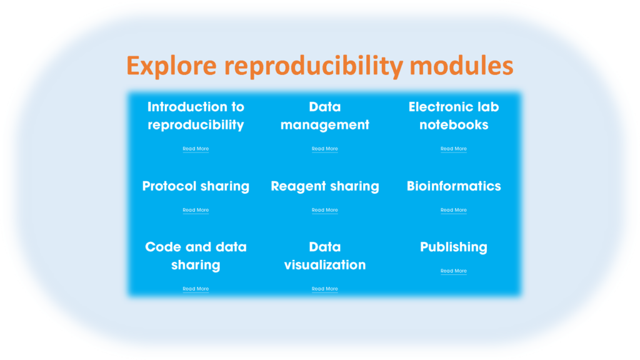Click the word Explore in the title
point(171,66)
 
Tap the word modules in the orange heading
point(461,65)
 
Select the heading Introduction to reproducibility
point(196,116)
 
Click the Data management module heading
point(325,116)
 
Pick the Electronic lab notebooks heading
point(454,116)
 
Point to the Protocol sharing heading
point(196,186)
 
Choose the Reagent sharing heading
point(325,186)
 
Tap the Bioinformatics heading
point(454,186)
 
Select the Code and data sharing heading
point(196,256)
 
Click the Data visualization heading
point(325,256)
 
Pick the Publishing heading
point(454,247)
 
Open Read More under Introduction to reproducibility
point(196,149)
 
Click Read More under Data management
point(325,149)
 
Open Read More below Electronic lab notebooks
point(454,149)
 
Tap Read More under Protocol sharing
point(196,210)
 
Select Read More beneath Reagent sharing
point(325,210)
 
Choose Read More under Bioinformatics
point(454,210)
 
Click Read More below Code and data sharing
point(196,289)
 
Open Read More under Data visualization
point(325,289)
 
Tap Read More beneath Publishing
point(454,271)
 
